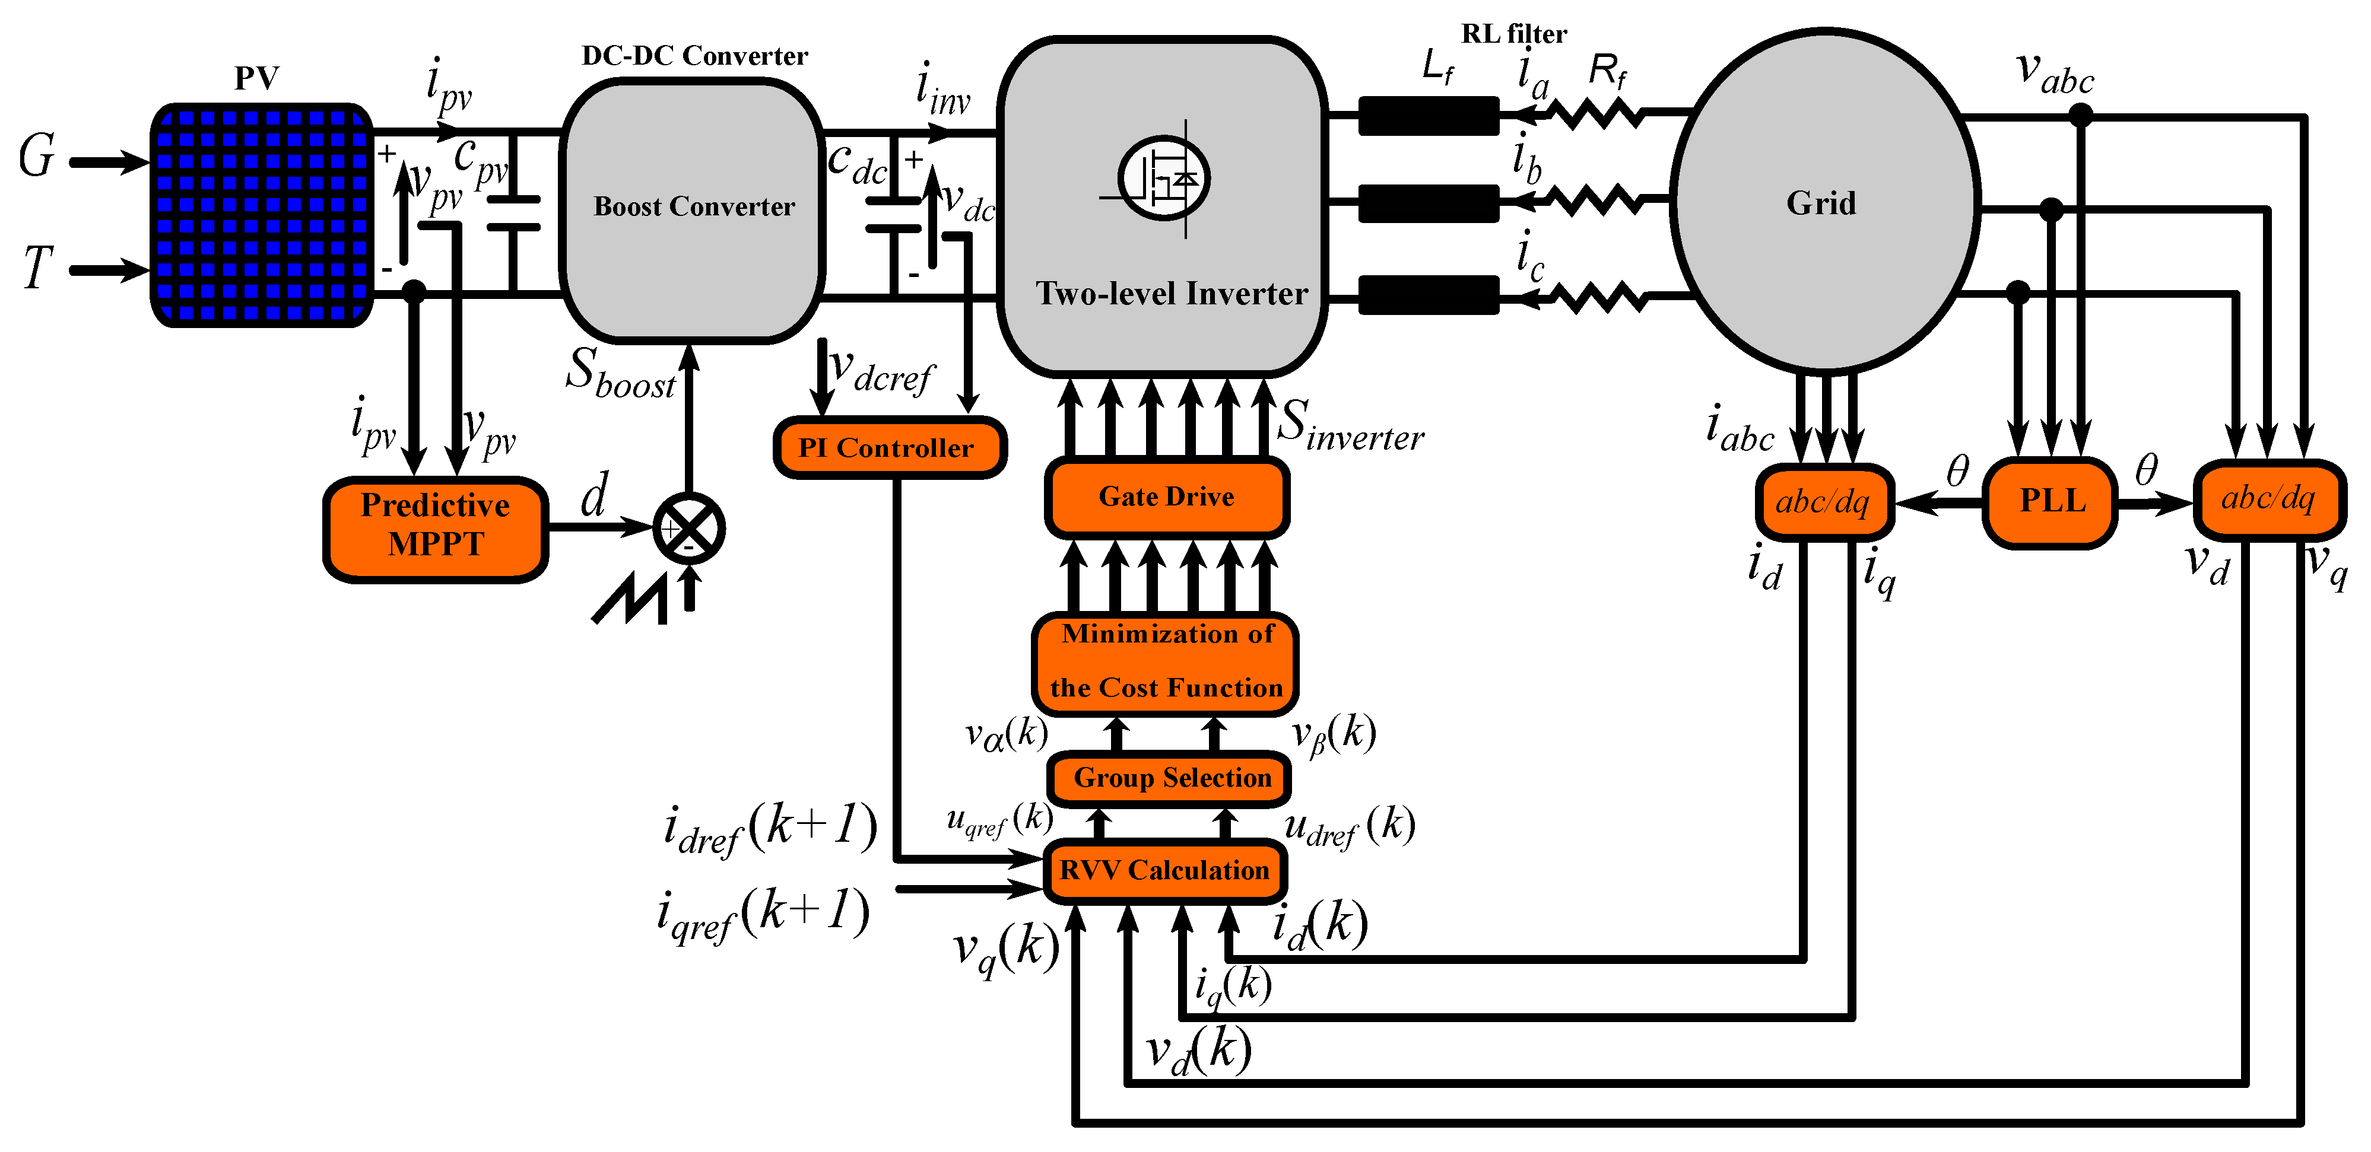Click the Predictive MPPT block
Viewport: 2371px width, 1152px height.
point(436,528)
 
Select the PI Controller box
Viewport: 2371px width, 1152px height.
point(889,448)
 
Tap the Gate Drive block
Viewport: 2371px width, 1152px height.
point(1166,497)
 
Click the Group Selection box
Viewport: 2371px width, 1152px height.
point(1170,778)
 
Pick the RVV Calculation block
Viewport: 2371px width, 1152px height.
point(1164,870)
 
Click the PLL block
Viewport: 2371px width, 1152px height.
point(2052,501)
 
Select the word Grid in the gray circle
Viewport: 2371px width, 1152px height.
point(1821,203)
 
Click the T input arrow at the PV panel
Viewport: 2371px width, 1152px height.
point(109,269)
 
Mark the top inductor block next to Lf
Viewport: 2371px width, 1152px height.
point(1429,116)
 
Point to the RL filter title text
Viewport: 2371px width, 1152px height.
point(1513,34)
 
